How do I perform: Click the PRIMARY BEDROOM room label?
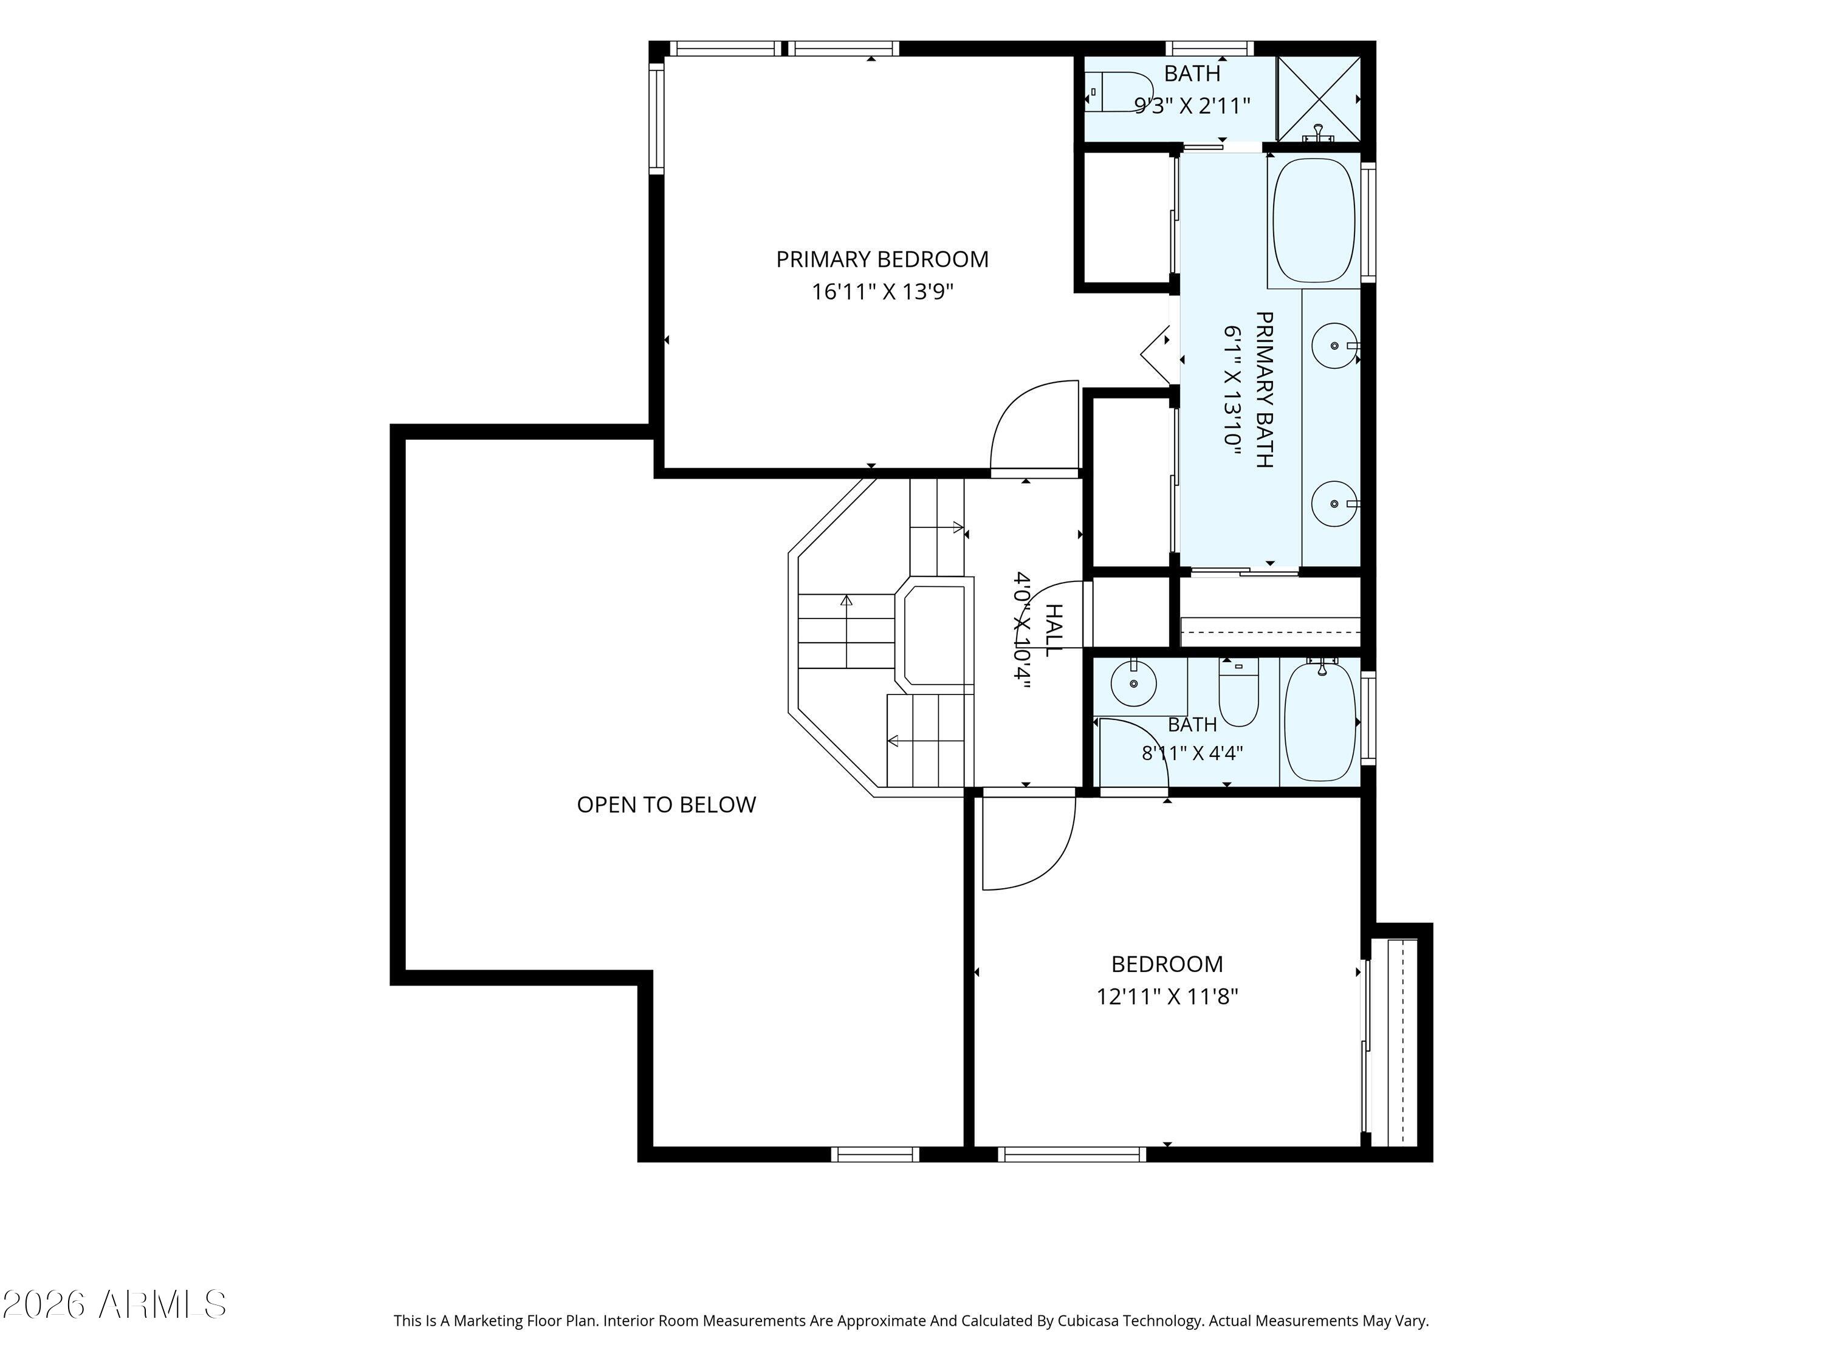click(882, 259)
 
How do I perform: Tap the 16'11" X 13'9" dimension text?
click(882, 292)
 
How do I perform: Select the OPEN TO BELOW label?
click(666, 805)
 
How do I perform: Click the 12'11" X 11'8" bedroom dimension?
click(1167, 997)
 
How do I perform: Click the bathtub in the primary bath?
click(1314, 220)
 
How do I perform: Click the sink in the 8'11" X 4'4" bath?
click(1134, 683)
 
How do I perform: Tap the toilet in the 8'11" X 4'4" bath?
click(1238, 694)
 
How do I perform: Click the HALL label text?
click(1053, 631)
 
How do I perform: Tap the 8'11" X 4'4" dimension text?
click(1192, 753)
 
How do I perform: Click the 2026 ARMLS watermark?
click(114, 1304)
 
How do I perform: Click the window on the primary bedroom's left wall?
click(656, 120)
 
